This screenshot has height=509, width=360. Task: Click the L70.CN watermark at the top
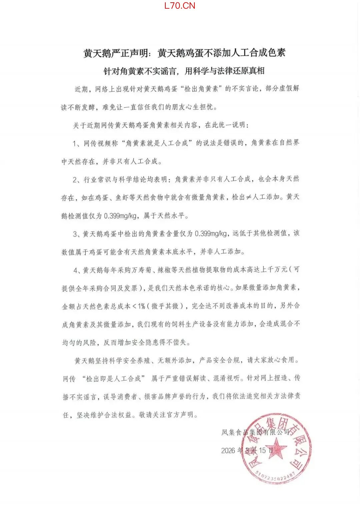pyautogui.click(x=180, y=6)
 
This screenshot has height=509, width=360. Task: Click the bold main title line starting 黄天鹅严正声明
pyautogui.click(x=184, y=53)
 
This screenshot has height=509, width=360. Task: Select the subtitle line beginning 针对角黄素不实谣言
pyautogui.click(x=184, y=71)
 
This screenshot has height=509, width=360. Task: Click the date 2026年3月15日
pyautogui.click(x=247, y=450)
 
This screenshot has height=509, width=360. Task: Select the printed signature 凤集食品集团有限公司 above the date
pyautogui.click(x=255, y=432)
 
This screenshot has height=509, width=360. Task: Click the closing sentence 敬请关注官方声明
pyautogui.click(x=168, y=415)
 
